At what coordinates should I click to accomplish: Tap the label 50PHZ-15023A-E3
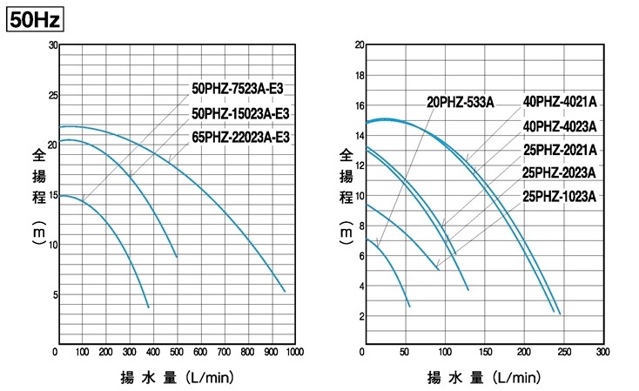pyautogui.click(x=239, y=112)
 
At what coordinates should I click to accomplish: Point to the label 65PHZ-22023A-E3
pyautogui.click(x=239, y=137)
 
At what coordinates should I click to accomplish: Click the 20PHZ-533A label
pyautogui.click(x=460, y=102)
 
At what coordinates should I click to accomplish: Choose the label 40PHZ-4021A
pyautogui.click(x=560, y=102)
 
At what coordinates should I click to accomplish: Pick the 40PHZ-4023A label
pyautogui.click(x=560, y=125)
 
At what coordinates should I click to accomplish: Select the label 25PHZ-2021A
pyautogui.click(x=560, y=149)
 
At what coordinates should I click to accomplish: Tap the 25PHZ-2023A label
pyautogui.click(x=560, y=172)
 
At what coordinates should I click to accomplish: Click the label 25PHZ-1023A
pyautogui.click(x=560, y=196)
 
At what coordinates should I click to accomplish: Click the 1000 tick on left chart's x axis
pyautogui.click(x=294, y=353)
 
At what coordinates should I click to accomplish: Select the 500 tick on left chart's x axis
pyautogui.click(x=176, y=353)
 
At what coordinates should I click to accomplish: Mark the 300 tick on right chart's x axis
pyautogui.click(x=602, y=353)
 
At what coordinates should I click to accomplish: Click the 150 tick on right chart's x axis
pyautogui.click(x=483, y=353)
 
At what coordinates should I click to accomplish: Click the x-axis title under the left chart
pyautogui.click(x=176, y=378)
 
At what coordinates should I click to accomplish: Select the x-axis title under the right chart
pyautogui.click(x=483, y=378)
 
